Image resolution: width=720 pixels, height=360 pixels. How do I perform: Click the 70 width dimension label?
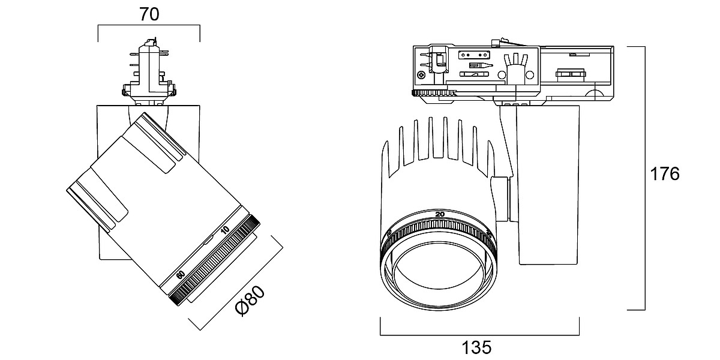[x=149, y=14]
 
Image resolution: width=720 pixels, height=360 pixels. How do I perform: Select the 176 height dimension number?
[x=665, y=174]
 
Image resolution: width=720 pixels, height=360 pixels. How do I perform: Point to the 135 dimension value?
[x=476, y=347]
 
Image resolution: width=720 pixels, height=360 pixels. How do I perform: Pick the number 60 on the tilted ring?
[x=180, y=274]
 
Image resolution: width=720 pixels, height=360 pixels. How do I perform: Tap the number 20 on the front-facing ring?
[x=440, y=214]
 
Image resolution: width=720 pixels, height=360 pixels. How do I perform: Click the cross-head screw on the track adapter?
[x=422, y=75]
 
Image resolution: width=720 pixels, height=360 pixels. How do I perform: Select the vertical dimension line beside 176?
[x=644, y=178]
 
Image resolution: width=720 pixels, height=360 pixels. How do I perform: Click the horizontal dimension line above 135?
[x=479, y=335]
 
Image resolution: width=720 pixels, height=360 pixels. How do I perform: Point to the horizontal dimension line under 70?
[x=149, y=26]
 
